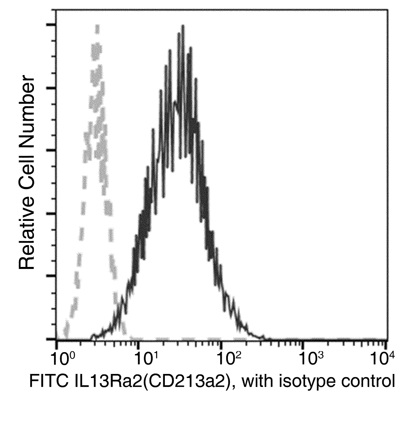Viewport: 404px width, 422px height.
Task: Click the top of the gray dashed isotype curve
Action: tap(97, 26)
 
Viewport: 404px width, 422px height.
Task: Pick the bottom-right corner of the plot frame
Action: tap(387, 339)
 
